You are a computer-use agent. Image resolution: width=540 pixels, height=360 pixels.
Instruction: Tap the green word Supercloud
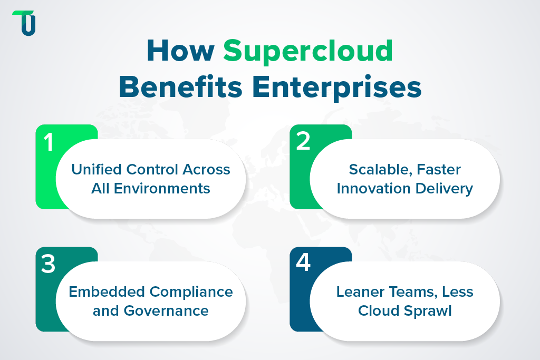tap(308, 52)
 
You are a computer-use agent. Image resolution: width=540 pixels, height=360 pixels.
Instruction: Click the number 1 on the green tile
tap(49, 142)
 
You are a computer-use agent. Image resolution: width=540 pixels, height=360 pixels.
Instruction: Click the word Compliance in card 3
tap(190, 291)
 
